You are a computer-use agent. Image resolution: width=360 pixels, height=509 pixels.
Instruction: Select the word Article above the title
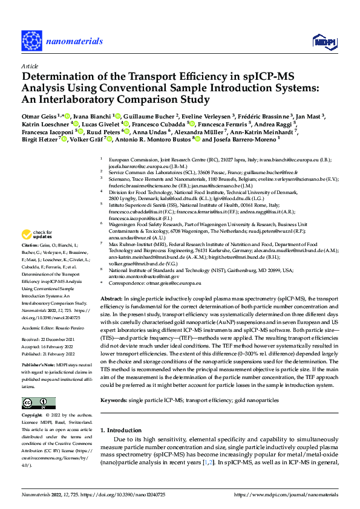(30, 66)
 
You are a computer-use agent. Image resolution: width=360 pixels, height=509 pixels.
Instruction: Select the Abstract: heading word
(113, 299)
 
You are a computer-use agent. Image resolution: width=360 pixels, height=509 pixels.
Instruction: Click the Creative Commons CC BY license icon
(36, 403)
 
